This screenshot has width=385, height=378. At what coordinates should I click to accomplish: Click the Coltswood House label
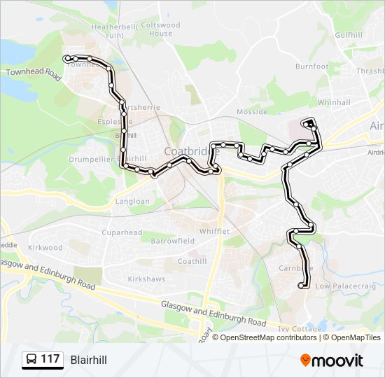point(160,29)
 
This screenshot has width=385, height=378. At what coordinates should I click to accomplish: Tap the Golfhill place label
point(348,34)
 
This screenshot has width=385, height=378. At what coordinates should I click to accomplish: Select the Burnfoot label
point(311,66)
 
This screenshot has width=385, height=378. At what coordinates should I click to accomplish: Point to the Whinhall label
point(333,102)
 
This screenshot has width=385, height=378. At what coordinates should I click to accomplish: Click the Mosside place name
point(251,112)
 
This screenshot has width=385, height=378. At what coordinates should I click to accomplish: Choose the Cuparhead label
point(122,232)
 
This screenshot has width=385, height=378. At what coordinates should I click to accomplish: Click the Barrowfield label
point(172,240)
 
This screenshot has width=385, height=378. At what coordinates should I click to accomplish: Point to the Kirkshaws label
point(146,279)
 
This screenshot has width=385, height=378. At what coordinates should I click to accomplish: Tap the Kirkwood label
point(45,248)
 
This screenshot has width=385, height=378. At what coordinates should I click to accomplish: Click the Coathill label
point(192,261)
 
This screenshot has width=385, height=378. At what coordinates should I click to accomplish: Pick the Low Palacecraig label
point(346,286)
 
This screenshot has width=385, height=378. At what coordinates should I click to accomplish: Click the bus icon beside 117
point(32,360)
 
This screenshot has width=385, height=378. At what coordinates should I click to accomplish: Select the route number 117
point(50,360)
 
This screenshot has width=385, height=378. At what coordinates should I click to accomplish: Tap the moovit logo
point(332,360)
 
